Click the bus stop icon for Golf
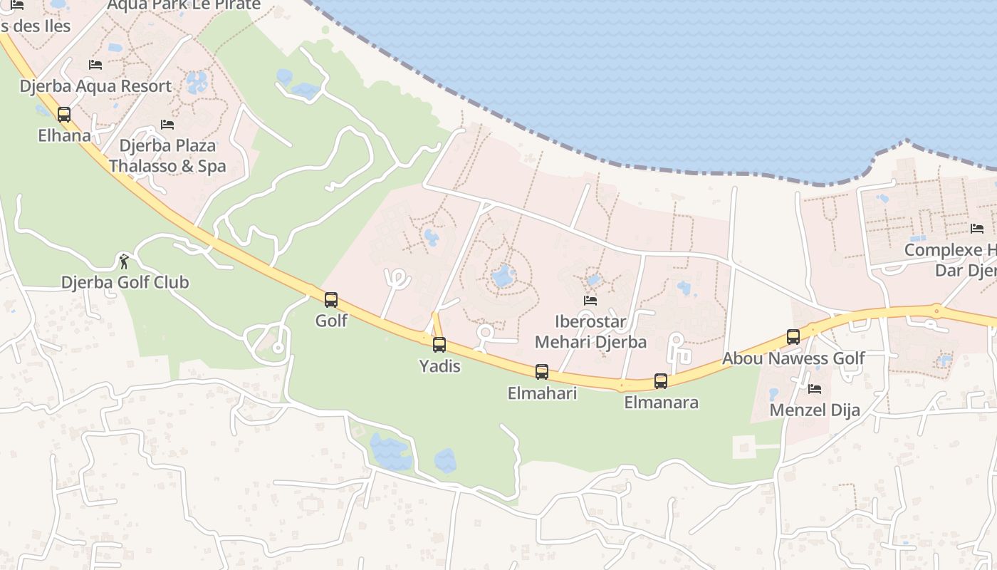[x=331, y=300]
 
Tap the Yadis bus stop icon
[x=439, y=345]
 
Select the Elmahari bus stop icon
[x=542, y=371]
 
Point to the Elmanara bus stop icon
[x=661, y=381]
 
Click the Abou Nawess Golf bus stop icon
[x=793, y=337]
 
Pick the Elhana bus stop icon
[x=64, y=114]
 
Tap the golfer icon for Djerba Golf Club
[x=125, y=261]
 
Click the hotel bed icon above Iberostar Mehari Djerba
[x=590, y=301]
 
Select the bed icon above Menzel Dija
[x=815, y=389]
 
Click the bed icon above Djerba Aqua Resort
[x=95, y=65]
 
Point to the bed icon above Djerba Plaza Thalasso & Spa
[x=167, y=125]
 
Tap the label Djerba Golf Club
[x=125, y=282]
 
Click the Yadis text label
[x=439, y=366]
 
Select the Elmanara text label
[x=661, y=403]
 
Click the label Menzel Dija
[x=815, y=410]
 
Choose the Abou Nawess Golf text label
[x=793, y=358]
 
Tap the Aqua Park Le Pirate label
[x=184, y=6]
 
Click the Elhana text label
[x=64, y=135]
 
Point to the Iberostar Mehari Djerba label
[x=590, y=331]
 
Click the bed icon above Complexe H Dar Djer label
[x=977, y=229]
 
